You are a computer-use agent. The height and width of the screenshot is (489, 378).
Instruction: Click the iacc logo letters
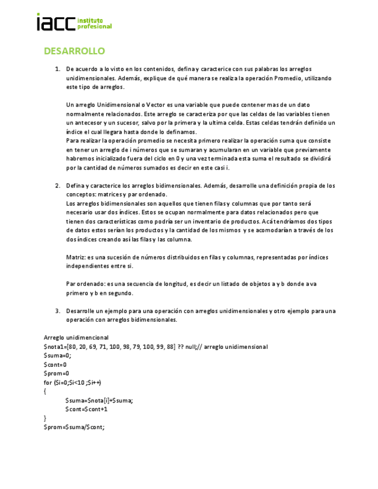(55, 23)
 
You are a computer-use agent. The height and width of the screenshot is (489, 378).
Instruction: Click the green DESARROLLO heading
(74, 51)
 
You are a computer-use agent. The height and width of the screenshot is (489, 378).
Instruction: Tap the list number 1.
(58, 69)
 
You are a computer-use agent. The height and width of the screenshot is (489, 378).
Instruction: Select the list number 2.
(58, 186)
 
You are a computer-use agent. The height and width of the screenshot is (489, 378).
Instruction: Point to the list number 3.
(58, 311)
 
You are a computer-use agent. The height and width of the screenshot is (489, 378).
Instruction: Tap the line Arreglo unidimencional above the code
(76, 337)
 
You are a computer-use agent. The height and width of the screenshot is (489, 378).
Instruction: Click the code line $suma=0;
(57, 355)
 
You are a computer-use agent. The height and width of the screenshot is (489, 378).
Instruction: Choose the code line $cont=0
(55, 364)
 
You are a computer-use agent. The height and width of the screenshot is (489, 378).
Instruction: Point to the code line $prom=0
(56, 373)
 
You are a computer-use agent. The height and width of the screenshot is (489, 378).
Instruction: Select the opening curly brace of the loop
(45, 391)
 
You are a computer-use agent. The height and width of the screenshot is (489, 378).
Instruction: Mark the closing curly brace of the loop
(45, 417)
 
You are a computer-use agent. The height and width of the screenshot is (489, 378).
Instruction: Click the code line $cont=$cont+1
(87, 409)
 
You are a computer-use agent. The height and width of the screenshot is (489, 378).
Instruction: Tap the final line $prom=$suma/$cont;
(74, 427)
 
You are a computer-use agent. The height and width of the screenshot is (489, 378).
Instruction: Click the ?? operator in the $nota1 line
(181, 347)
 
